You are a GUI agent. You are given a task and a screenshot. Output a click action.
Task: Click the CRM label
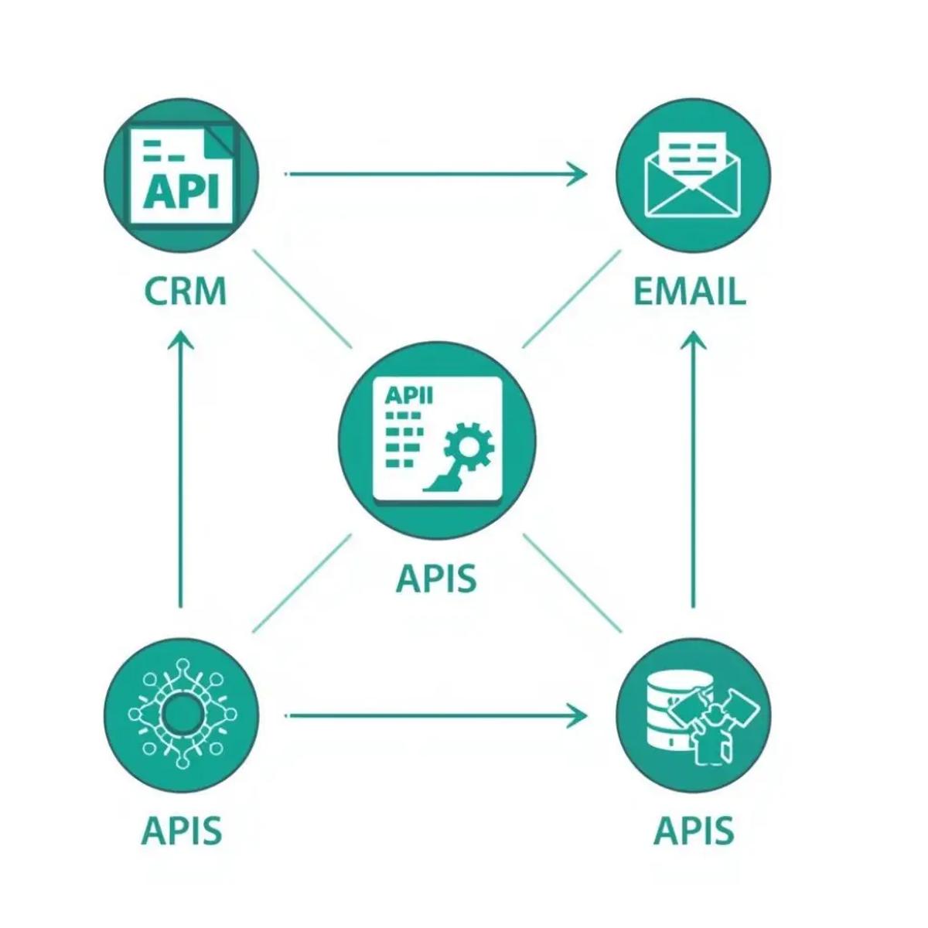coord(186,292)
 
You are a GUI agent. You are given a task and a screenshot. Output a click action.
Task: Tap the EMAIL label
coord(689,292)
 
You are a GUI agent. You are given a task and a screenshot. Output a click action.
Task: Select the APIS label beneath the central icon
coord(436,578)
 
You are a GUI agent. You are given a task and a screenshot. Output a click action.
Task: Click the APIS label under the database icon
coord(693,831)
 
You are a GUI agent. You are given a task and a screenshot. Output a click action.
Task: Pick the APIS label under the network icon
coord(182,831)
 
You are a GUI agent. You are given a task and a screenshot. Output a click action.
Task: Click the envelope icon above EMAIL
coord(693,174)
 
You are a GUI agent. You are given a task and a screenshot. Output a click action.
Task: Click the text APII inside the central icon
coord(408,395)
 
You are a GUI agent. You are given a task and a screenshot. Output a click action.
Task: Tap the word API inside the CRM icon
coord(181,192)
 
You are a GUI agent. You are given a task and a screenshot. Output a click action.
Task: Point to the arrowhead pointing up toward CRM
coord(182,340)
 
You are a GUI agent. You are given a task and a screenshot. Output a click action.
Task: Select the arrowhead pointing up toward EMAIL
coord(693,340)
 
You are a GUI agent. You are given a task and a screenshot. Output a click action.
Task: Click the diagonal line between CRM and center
coord(302,299)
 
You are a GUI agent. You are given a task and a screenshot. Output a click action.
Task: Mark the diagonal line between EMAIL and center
coord(571,299)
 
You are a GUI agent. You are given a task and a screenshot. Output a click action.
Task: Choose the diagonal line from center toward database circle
coord(573,582)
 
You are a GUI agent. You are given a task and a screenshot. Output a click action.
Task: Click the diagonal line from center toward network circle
coord(302,582)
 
